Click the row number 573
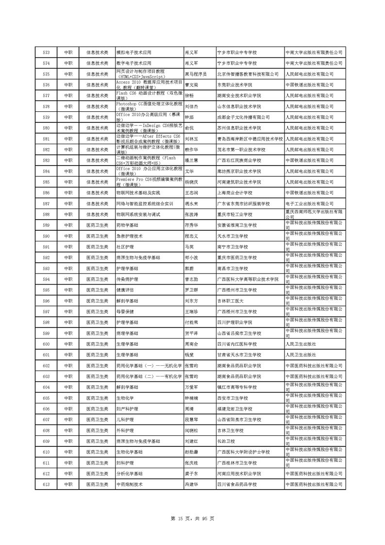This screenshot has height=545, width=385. (x=47, y=51)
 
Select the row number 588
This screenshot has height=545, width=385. (x=47, y=214)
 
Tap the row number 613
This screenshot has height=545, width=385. (x=47, y=484)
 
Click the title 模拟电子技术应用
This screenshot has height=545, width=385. (x=134, y=51)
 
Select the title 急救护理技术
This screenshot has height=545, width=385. (x=129, y=236)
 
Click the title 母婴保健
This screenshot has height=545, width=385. (x=125, y=311)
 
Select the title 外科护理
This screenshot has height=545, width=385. (x=125, y=430)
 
